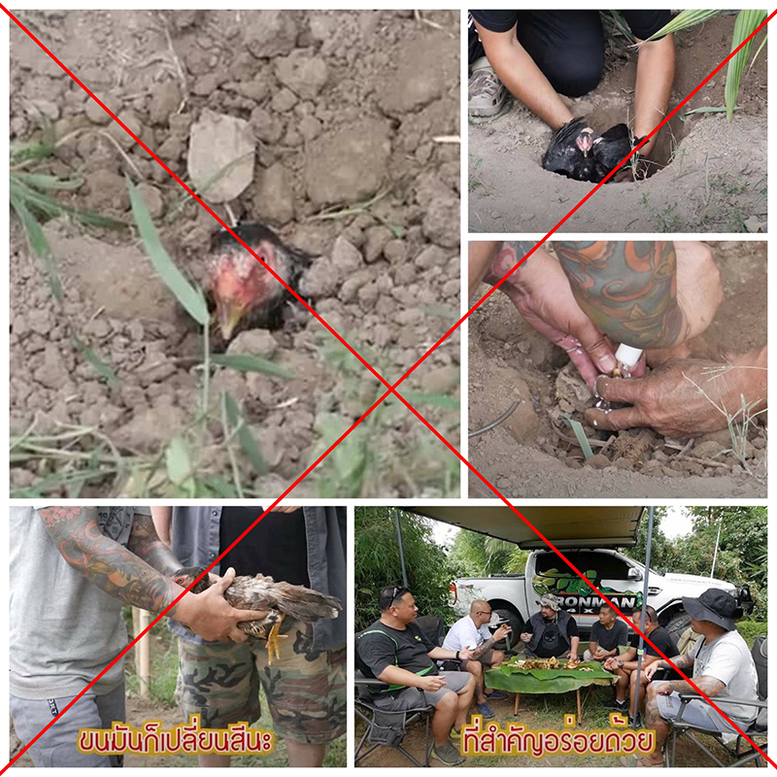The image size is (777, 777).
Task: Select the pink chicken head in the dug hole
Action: [586, 141]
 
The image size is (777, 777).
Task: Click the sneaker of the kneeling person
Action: [487, 89]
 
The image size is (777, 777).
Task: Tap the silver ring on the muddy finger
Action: [600, 384]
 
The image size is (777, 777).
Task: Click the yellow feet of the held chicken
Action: [275, 638]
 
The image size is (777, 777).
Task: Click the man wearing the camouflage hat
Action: [551, 627]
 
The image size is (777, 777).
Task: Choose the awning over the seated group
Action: [526, 526]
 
